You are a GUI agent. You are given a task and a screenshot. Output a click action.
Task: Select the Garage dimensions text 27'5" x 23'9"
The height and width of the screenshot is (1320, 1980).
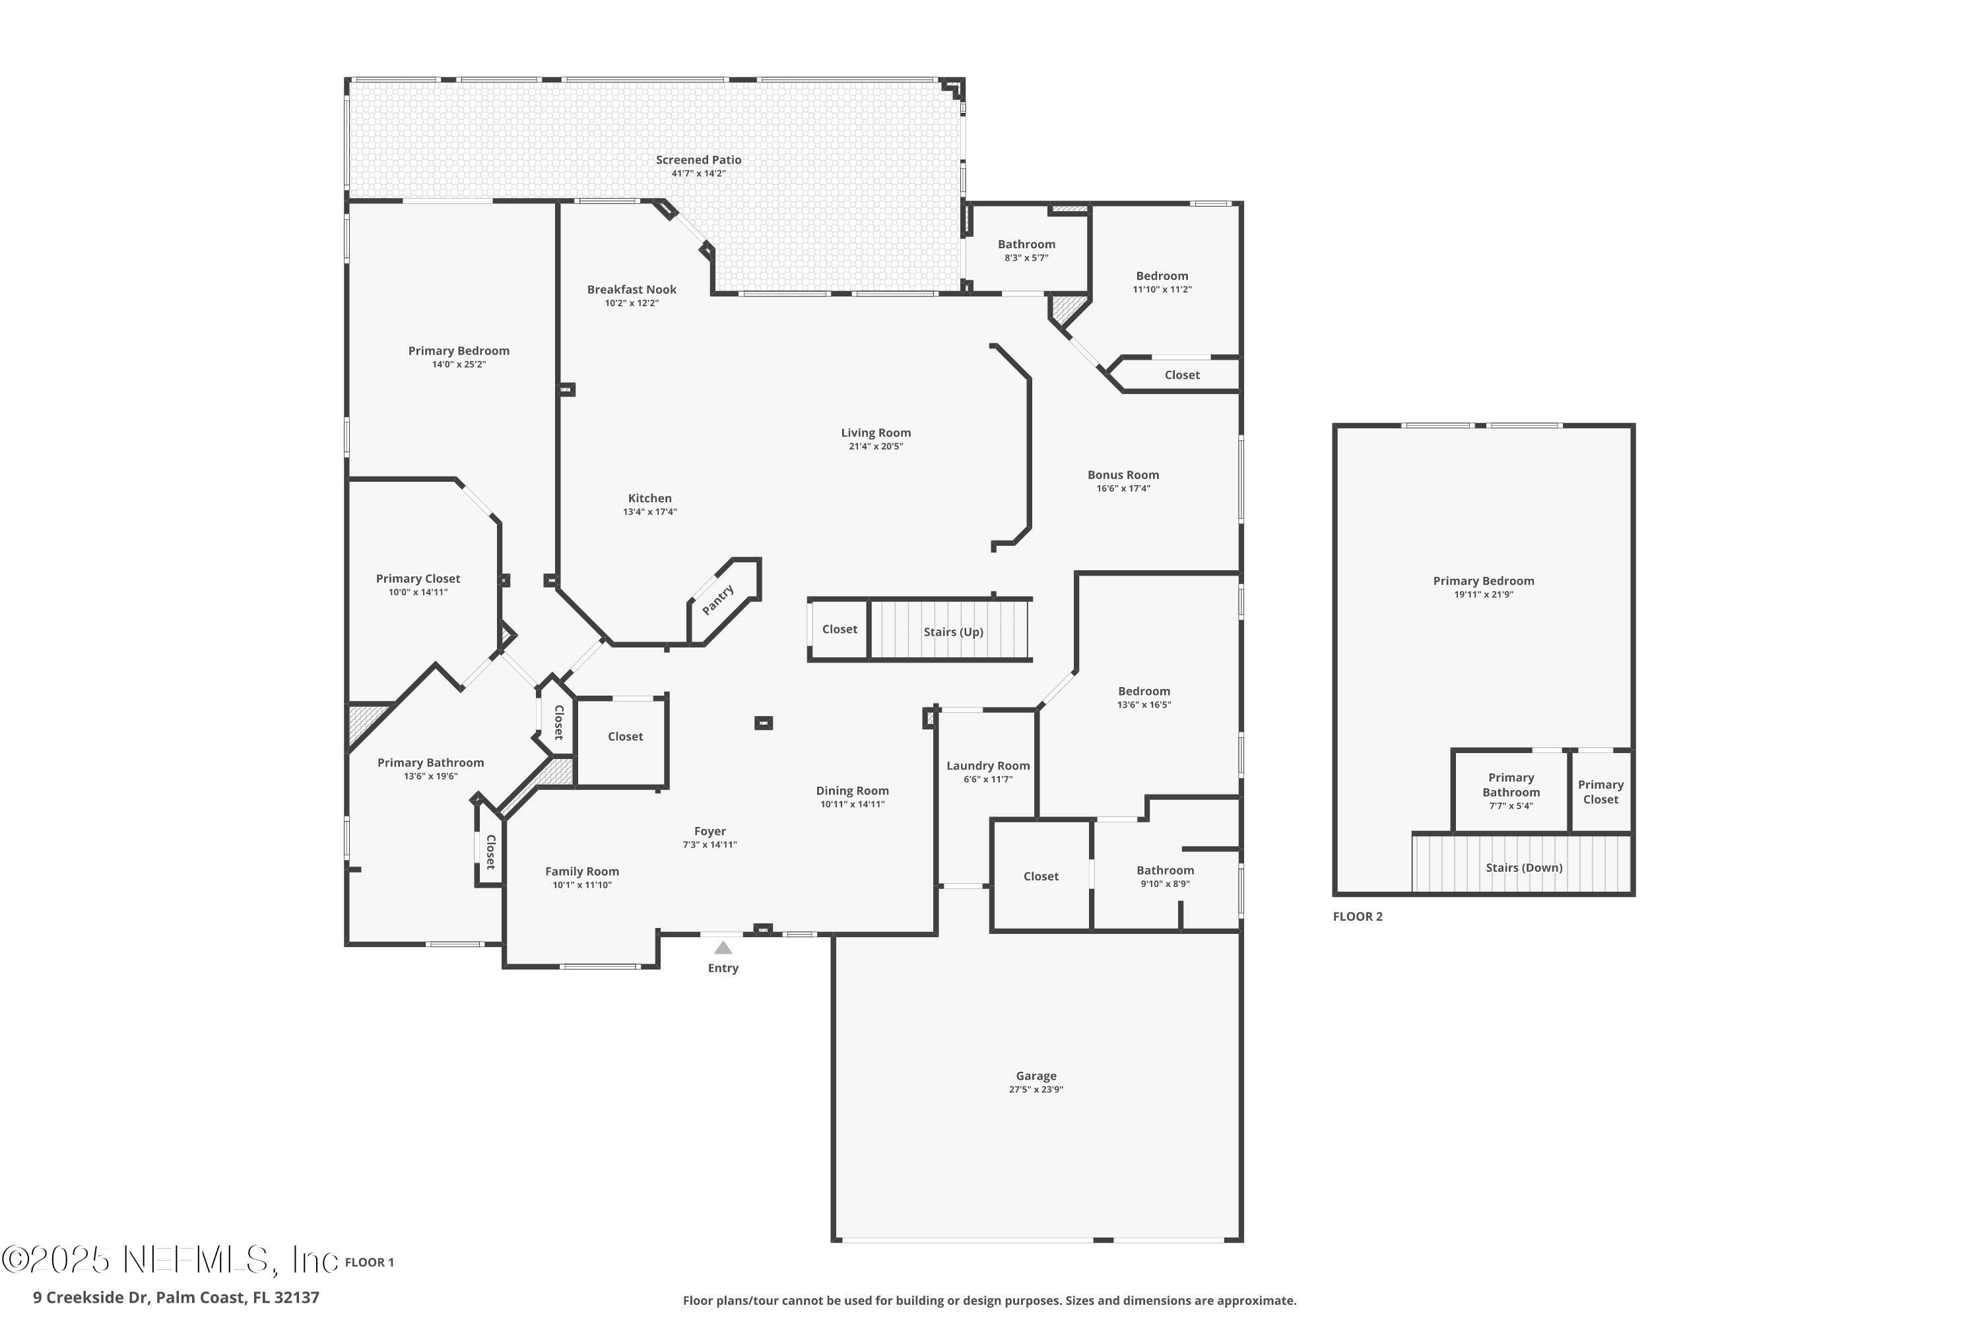coord(1036,1090)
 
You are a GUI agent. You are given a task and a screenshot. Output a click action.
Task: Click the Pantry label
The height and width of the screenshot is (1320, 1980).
coord(718,600)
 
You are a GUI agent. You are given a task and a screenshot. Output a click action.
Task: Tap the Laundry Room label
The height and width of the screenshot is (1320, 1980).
coord(987,765)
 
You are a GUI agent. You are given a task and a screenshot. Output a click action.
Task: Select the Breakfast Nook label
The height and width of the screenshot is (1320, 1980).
coord(632,290)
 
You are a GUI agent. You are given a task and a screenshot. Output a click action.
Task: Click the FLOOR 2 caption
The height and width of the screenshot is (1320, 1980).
coord(1357,917)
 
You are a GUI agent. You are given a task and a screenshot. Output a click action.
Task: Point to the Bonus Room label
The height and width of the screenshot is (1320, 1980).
coord(1123,475)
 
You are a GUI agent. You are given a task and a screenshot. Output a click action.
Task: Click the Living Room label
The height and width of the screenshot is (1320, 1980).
coord(876,433)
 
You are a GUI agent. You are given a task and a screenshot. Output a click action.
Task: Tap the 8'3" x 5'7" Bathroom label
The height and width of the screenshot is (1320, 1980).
coord(1026,244)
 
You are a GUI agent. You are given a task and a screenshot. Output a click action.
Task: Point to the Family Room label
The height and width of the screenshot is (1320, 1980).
coord(581,871)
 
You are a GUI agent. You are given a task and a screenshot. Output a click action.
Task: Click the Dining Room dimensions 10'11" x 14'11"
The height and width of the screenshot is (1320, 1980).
coord(852,804)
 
